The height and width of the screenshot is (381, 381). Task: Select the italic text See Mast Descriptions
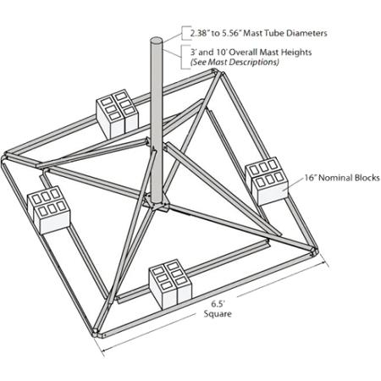coord(235,63)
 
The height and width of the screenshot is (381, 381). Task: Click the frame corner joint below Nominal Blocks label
coord(315,248)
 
